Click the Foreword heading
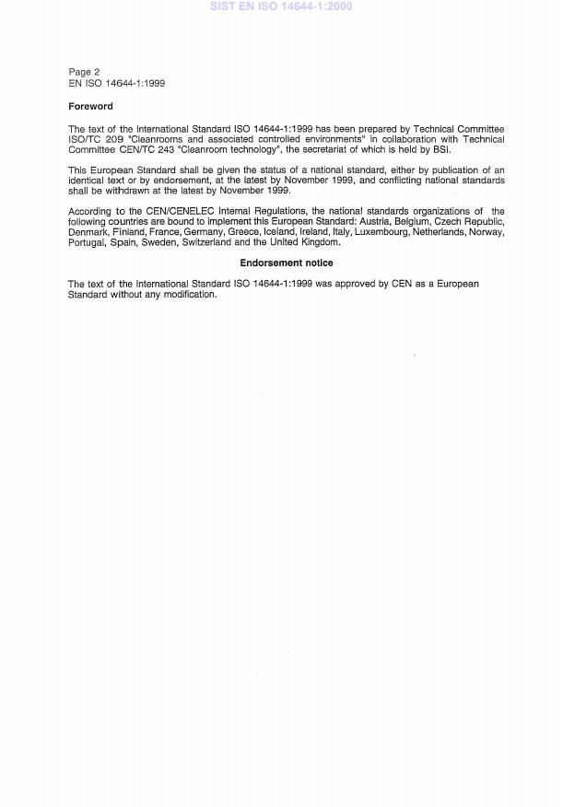90,107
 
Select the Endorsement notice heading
287,263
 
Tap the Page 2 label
84,72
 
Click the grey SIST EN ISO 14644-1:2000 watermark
281,6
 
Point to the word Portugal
87,242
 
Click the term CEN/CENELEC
153,212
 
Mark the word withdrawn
144,191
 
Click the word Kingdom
319,242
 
